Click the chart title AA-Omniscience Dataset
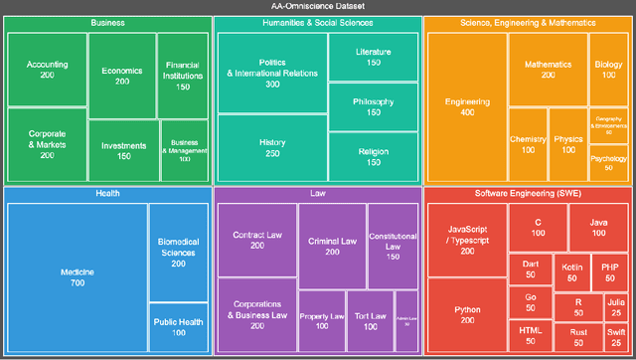[x=318, y=6]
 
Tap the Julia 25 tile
[x=616, y=307]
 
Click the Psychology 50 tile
[x=609, y=163]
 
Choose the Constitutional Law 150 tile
[x=393, y=240]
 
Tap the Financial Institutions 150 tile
[x=183, y=75]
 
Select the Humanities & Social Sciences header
[x=318, y=22]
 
